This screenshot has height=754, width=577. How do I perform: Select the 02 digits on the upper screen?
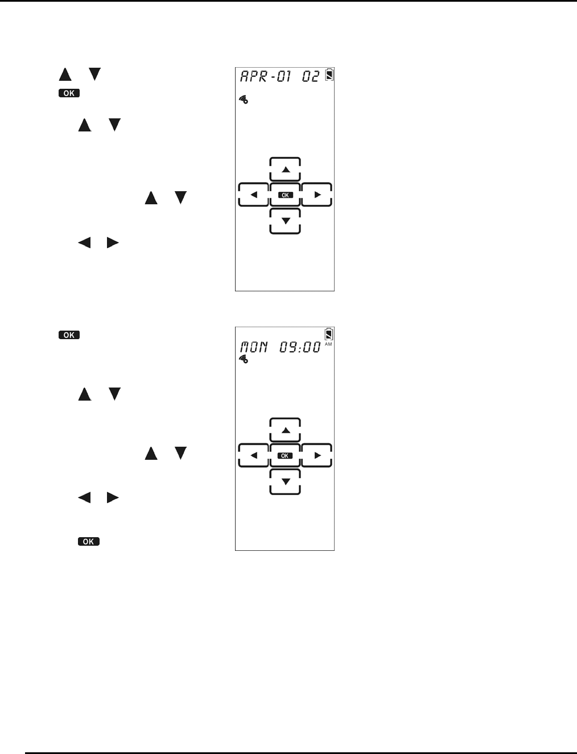coord(311,76)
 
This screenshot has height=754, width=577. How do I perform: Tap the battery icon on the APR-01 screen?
coord(329,75)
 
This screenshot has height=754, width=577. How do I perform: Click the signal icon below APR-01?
coord(244,100)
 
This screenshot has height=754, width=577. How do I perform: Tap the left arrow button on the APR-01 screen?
coord(254,195)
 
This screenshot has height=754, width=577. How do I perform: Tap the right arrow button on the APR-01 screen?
coord(317,195)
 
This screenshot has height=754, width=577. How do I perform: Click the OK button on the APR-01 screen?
coord(285,195)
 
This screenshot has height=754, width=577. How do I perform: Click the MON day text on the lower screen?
coord(254,347)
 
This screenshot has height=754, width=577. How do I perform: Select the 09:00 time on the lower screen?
coord(300,347)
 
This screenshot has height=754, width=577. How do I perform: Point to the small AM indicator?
coord(328,344)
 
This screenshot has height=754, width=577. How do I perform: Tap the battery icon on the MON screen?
coord(329,334)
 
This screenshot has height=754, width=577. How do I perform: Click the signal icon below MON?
coord(244,359)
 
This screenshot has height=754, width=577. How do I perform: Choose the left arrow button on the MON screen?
coord(254,455)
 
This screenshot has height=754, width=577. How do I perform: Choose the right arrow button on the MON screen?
coord(317,455)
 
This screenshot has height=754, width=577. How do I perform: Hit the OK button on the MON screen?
coord(285,455)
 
